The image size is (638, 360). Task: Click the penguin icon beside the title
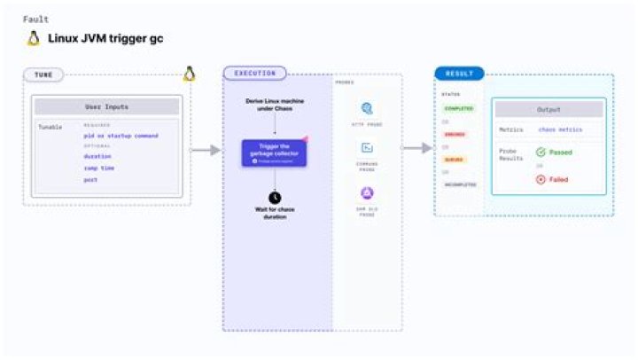(x=34, y=38)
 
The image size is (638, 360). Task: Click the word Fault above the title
(x=35, y=19)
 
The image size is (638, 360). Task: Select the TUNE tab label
(x=43, y=75)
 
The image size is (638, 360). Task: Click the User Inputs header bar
(x=106, y=107)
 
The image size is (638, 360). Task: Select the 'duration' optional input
(x=97, y=156)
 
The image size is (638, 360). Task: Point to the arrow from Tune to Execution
(x=206, y=150)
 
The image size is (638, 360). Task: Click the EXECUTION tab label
(x=254, y=74)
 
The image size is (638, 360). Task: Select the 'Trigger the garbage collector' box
(x=274, y=152)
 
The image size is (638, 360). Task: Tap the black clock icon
(x=275, y=196)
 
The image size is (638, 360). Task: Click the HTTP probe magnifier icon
(x=367, y=109)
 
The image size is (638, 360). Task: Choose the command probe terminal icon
(x=367, y=149)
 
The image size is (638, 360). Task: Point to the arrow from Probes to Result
(x=417, y=148)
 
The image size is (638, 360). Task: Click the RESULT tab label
(x=458, y=74)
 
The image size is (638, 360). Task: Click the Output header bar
(x=549, y=109)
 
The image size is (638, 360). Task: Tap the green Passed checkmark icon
(x=541, y=153)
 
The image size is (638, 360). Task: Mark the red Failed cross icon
(x=541, y=179)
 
